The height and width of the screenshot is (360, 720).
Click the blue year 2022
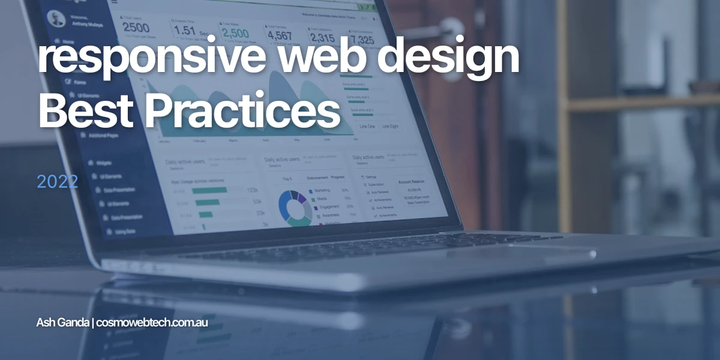57,182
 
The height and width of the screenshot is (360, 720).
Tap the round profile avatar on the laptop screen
56,17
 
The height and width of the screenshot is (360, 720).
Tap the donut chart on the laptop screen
295,206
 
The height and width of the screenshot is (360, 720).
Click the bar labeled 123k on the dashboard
209,190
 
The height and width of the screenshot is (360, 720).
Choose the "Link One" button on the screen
367,127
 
